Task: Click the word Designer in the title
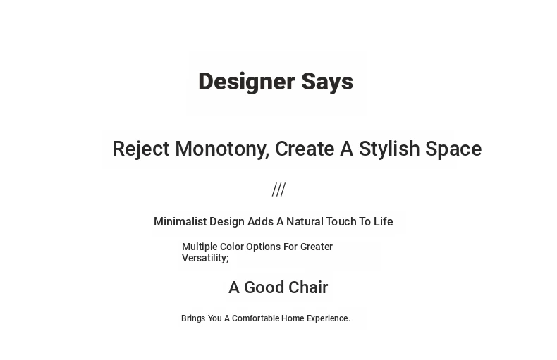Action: click(x=247, y=82)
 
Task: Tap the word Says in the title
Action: click(x=327, y=82)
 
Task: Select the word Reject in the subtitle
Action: click(x=141, y=149)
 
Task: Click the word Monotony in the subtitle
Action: click(x=222, y=149)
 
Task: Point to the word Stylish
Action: click(x=389, y=149)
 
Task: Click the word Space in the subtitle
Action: click(x=453, y=149)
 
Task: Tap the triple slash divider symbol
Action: click(x=279, y=190)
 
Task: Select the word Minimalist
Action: click(x=180, y=221)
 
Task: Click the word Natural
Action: click(x=305, y=221)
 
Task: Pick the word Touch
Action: click(x=341, y=221)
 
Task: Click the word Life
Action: click(x=384, y=221)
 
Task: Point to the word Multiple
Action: click(x=200, y=247)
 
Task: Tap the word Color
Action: click(x=231, y=247)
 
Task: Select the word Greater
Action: click(x=317, y=247)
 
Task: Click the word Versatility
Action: click(x=205, y=258)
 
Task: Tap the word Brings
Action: click(x=193, y=318)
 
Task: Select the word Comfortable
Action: click(x=255, y=318)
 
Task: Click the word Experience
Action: click(x=329, y=318)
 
